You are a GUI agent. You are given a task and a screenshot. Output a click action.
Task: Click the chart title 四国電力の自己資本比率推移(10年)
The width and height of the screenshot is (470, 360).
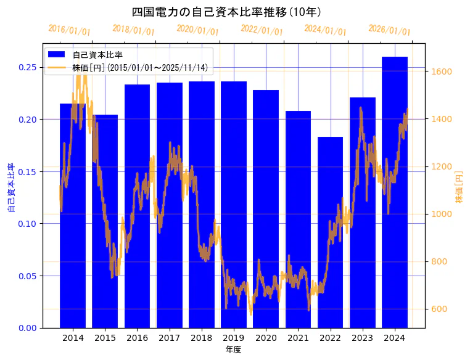pyautogui.click(x=226, y=12)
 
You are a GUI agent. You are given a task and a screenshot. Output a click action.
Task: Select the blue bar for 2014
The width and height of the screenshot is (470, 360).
pyautogui.click(x=73, y=216)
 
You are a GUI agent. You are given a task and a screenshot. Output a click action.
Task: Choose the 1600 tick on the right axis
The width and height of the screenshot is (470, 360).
pyautogui.click(x=442, y=72)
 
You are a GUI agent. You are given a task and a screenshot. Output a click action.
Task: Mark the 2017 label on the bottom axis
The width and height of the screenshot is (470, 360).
pyautogui.click(x=169, y=338)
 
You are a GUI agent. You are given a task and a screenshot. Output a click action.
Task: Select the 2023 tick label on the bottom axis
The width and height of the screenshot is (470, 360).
pyautogui.click(x=362, y=338)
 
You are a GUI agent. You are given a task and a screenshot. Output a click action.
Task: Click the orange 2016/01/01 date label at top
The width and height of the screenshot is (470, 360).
pyautogui.click(x=70, y=30)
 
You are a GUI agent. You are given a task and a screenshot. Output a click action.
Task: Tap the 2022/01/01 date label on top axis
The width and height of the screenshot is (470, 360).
pyautogui.click(x=262, y=30)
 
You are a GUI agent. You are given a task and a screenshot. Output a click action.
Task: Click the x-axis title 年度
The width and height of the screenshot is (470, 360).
pyautogui.click(x=233, y=350)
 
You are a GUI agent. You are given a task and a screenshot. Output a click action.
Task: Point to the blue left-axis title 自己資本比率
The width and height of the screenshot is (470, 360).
pyautogui.click(x=10, y=188)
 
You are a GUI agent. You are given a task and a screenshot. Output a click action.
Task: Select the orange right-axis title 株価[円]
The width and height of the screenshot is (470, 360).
pyautogui.click(x=459, y=187)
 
